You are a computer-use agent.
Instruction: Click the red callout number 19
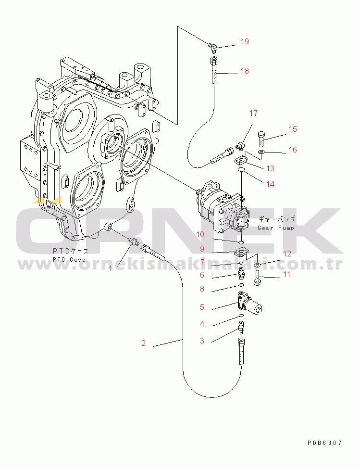[x=245, y=41]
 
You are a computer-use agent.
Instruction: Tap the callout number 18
[x=245, y=71]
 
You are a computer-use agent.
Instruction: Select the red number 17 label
[x=253, y=113]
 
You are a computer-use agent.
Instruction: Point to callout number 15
[x=293, y=129]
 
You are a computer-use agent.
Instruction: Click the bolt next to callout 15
[x=261, y=139]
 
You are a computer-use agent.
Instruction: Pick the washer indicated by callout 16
[x=261, y=152]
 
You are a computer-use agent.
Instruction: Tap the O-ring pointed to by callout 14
[x=241, y=170]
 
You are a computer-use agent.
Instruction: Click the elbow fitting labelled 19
[x=212, y=46]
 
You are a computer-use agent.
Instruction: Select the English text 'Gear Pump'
[x=276, y=228]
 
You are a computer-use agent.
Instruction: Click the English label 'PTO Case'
[x=69, y=260]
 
